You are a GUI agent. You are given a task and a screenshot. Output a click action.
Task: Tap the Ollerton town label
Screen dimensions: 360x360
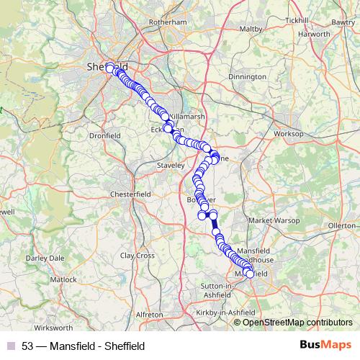(342, 225)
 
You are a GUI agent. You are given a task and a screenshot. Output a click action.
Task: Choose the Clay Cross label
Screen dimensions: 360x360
(138, 255)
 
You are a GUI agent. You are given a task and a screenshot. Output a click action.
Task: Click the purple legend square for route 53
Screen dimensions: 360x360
(10, 346)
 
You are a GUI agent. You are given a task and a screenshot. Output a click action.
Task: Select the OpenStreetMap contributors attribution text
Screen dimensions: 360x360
(297, 322)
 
